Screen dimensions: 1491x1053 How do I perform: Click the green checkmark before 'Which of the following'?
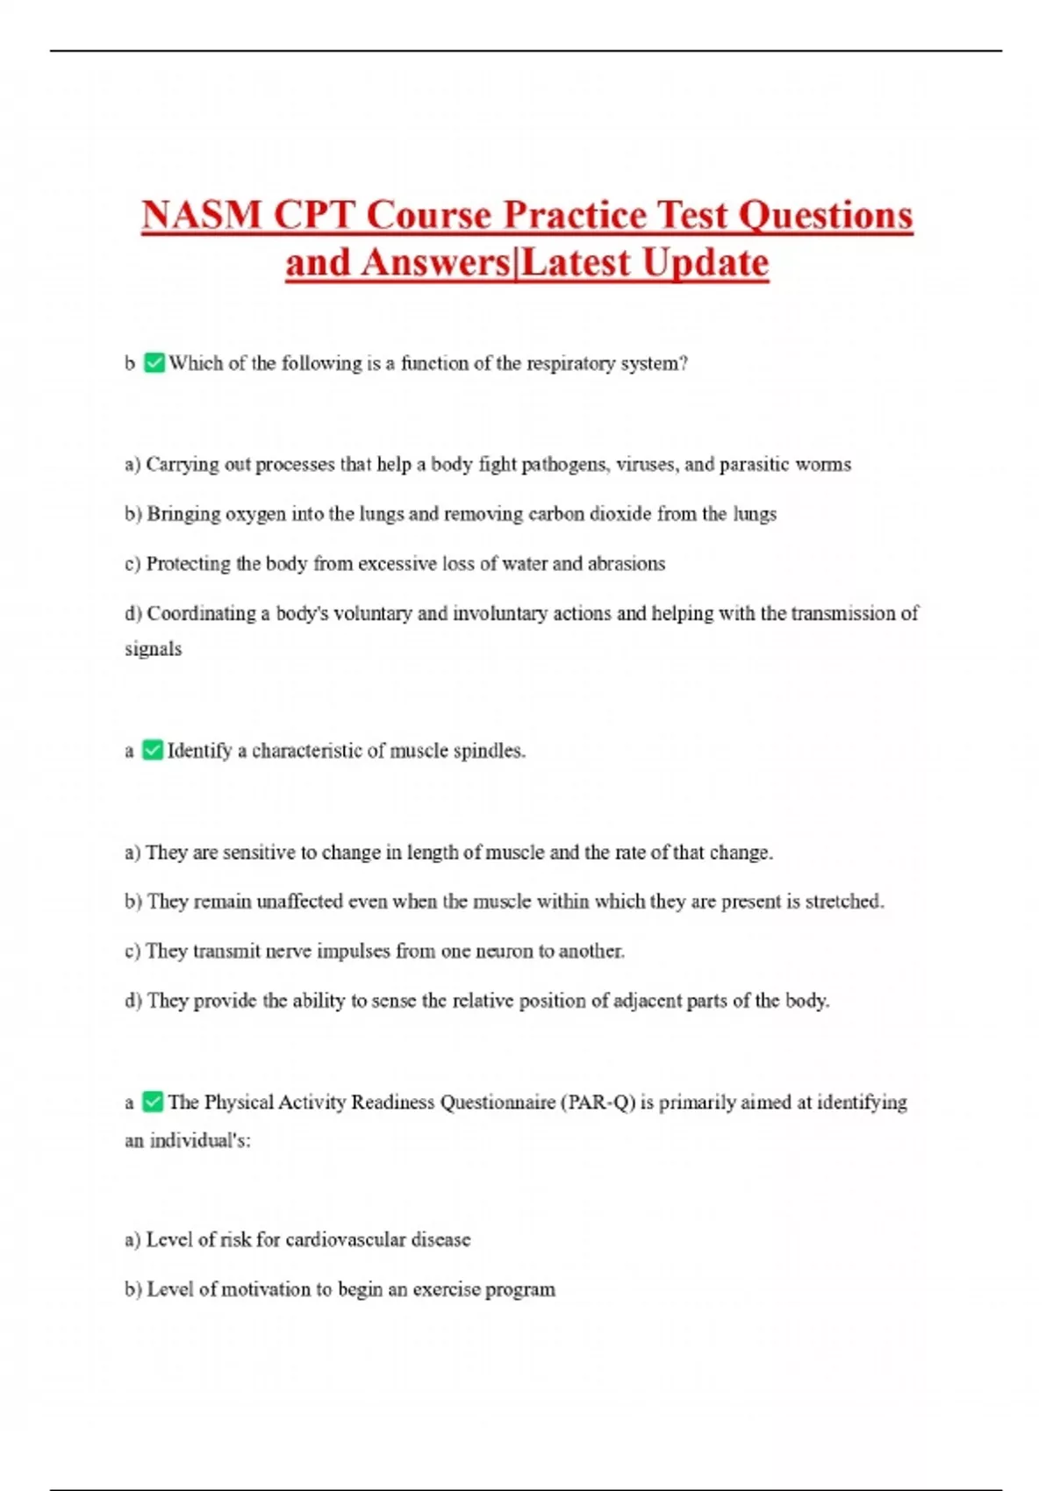coord(154,363)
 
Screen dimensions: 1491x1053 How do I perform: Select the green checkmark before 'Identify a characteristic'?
coord(153,751)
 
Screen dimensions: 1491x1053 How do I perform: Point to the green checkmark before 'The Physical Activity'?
coord(153,1102)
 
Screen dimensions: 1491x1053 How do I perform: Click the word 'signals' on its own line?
coord(154,649)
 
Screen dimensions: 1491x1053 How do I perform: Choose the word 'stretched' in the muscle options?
coord(844,902)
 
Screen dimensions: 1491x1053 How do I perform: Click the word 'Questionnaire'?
coord(497,1102)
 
